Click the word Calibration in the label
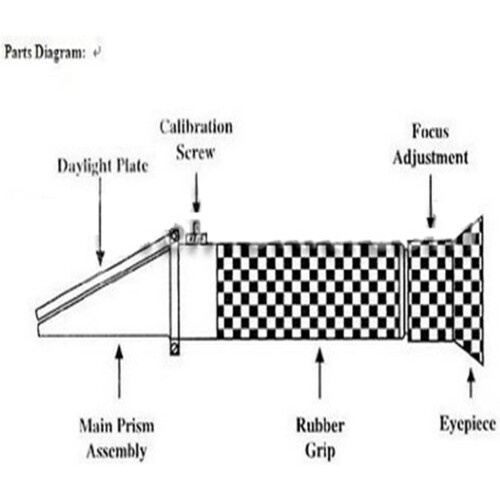[196, 127]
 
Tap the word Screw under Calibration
[195, 152]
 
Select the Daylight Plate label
[103, 166]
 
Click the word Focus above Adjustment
[430, 131]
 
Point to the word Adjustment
[430, 157]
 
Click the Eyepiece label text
[467, 424]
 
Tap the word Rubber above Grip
[320, 426]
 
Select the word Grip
[320, 451]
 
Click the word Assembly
[117, 452]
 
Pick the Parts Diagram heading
[45, 53]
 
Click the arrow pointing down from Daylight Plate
[100, 220]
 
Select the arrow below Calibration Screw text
[196, 192]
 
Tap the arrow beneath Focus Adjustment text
[431, 201]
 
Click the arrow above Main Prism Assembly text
[119, 371]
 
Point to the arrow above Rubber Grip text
[320, 373]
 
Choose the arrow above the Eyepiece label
[471, 383]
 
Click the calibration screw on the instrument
[197, 234]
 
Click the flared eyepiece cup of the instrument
[469, 291]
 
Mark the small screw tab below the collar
[174, 347]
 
